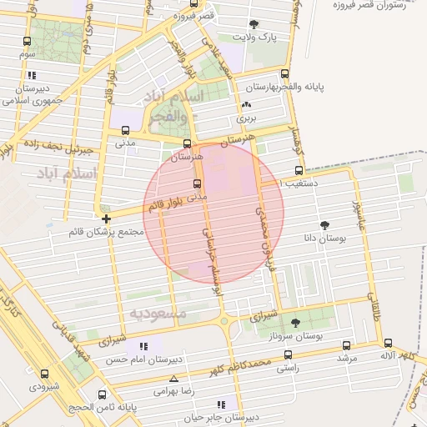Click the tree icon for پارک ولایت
pos(254,24)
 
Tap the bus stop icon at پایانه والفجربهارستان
pos(286,74)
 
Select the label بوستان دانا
pos(324,239)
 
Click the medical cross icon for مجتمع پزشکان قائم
pos(106,219)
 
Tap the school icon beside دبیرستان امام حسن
pos(144,346)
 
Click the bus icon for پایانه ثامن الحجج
pos(103,395)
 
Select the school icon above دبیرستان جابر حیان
pos(221,405)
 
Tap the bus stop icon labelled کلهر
pos(388,343)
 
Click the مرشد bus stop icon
pos(346,345)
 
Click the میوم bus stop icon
pos(28,42)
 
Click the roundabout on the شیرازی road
pos(224,320)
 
